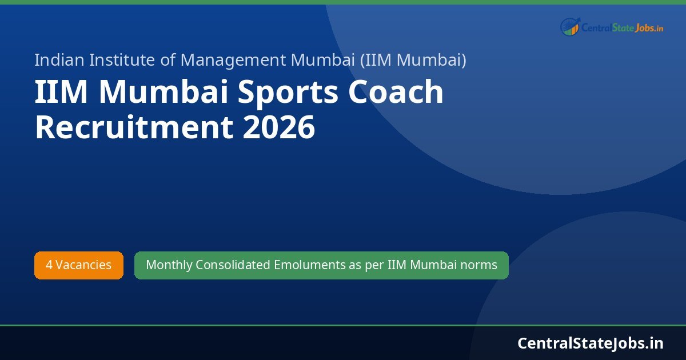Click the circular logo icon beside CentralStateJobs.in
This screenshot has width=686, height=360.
569,26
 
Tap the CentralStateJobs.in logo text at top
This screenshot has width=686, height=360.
622,27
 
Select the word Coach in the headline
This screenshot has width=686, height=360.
396,93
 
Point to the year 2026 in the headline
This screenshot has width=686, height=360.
278,127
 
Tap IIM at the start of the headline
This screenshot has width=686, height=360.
61,93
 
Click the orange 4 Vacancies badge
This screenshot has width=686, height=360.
79,265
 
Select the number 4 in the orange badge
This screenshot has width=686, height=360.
49,265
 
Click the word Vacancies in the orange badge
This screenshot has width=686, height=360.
83,265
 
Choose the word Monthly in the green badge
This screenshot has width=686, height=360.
169,265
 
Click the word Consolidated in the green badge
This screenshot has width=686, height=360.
233,265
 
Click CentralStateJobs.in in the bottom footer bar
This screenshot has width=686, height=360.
590,343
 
